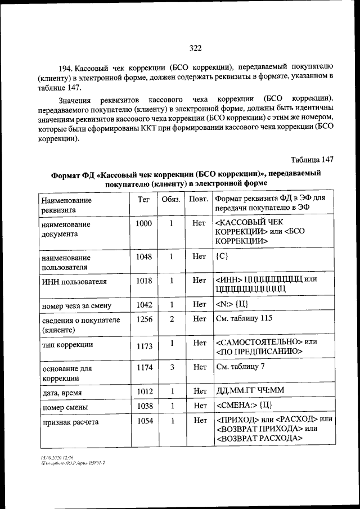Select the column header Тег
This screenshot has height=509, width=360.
(x=143, y=199)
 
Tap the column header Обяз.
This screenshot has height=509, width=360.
(x=171, y=199)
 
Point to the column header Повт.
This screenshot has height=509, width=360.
(x=198, y=199)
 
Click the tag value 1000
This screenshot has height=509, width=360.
(x=143, y=223)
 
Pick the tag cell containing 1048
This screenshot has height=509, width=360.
(x=143, y=256)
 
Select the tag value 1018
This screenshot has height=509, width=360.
(x=143, y=280)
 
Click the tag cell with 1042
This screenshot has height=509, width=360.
(x=143, y=304)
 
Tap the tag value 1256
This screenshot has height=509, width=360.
(x=143, y=319)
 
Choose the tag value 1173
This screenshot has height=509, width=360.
(x=143, y=345)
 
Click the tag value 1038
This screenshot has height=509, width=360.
(x=143, y=406)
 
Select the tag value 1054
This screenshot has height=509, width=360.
(x=143, y=420)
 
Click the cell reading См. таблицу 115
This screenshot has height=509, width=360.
(x=244, y=319)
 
